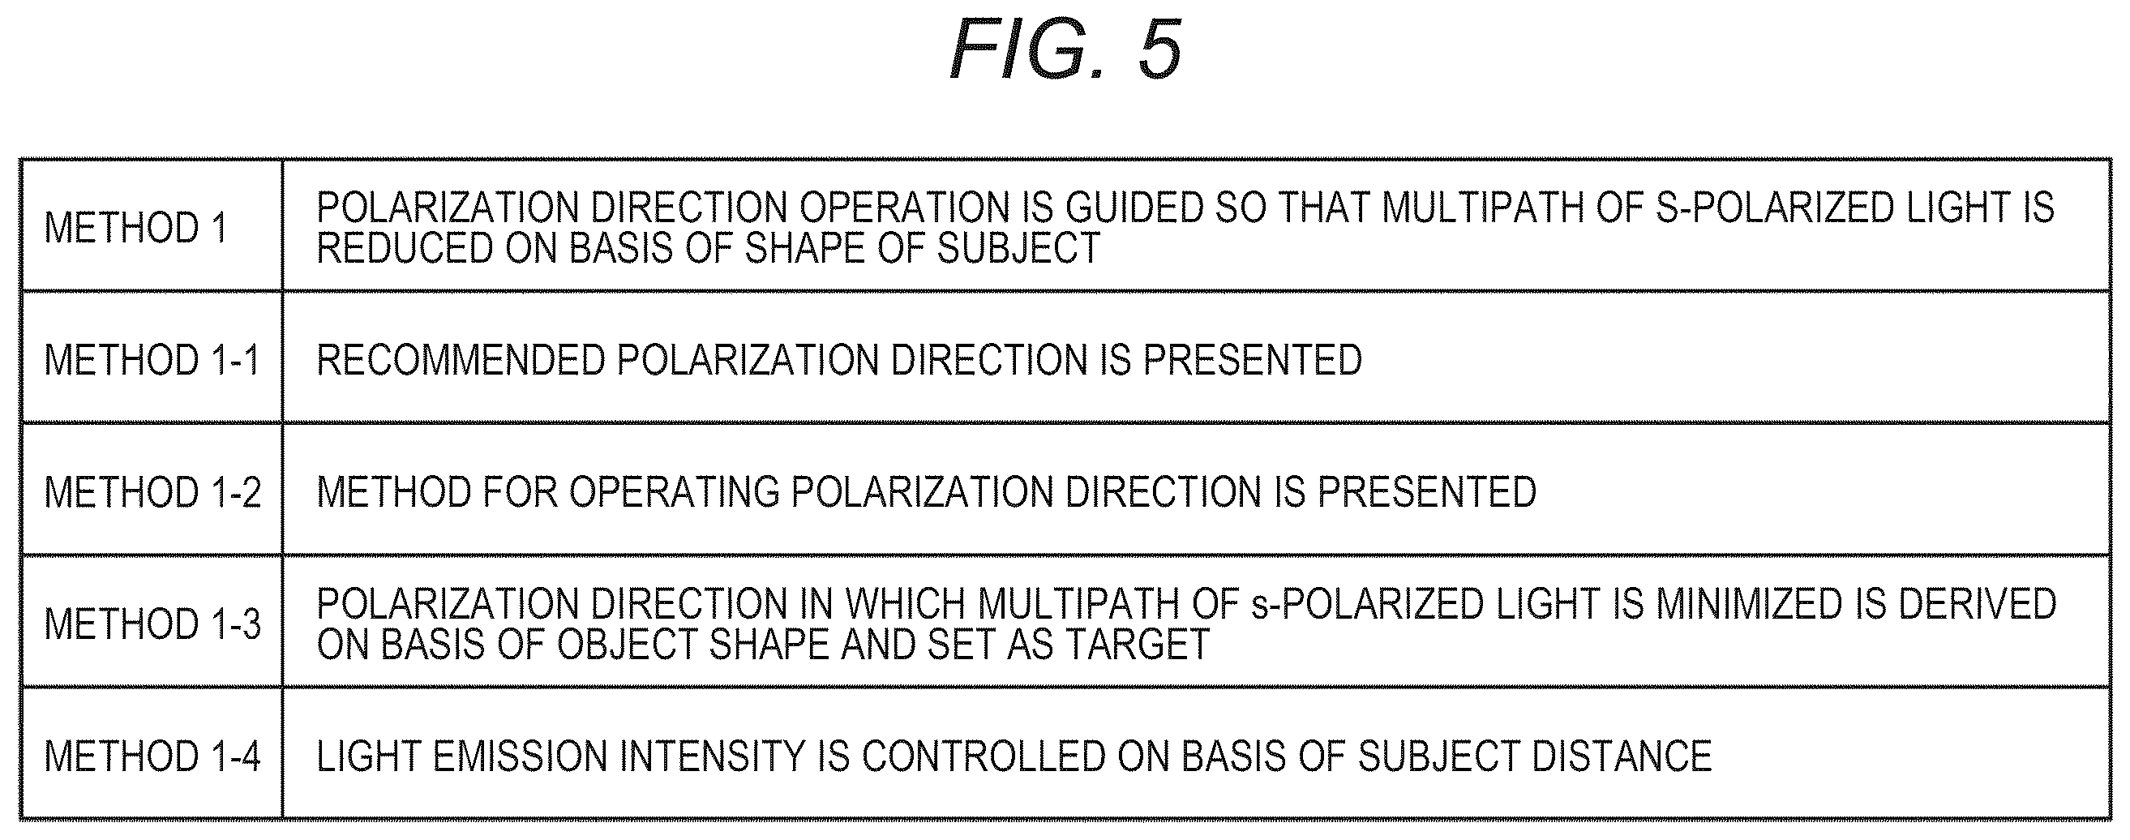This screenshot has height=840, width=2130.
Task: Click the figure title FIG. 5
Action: tap(1066, 49)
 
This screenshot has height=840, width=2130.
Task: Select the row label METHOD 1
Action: tap(135, 227)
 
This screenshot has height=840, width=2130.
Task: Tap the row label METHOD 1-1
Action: tap(152, 360)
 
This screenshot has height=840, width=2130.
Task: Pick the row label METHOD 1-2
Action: tap(152, 492)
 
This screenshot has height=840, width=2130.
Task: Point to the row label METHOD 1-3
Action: tap(152, 624)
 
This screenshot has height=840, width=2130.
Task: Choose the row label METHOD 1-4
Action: tap(152, 756)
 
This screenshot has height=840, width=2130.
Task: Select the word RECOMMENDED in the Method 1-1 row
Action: tap(461, 360)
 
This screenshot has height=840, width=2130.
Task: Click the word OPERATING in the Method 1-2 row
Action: tap(674, 492)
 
